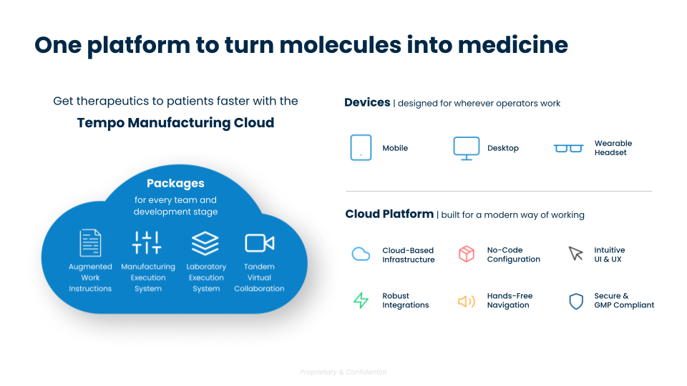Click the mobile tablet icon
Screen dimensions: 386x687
coord(361,148)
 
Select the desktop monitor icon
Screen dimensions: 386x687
coord(466,148)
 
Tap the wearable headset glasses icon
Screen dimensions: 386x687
coord(568,149)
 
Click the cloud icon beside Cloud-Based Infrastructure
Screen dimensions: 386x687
coord(361,254)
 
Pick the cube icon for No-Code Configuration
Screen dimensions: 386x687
coord(467,254)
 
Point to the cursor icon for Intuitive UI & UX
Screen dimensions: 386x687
coord(575,254)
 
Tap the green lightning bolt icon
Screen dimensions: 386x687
coord(361,300)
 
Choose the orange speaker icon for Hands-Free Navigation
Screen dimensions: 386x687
coord(467,301)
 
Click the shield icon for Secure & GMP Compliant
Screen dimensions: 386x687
coord(575,301)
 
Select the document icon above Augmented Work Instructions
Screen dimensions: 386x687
coord(90,243)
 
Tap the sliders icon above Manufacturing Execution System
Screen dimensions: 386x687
coord(147,243)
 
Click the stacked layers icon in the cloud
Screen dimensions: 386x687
coord(205,243)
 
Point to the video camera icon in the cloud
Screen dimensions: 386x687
coord(259,243)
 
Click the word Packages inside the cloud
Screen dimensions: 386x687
coord(175,184)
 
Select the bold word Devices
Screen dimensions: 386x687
coord(367,103)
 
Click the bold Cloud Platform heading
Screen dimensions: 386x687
coord(389,214)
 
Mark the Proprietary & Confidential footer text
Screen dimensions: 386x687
coord(343,372)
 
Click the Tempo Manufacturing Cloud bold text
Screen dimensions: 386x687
coord(175,123)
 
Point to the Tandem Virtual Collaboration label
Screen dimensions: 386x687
coord(259,277)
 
